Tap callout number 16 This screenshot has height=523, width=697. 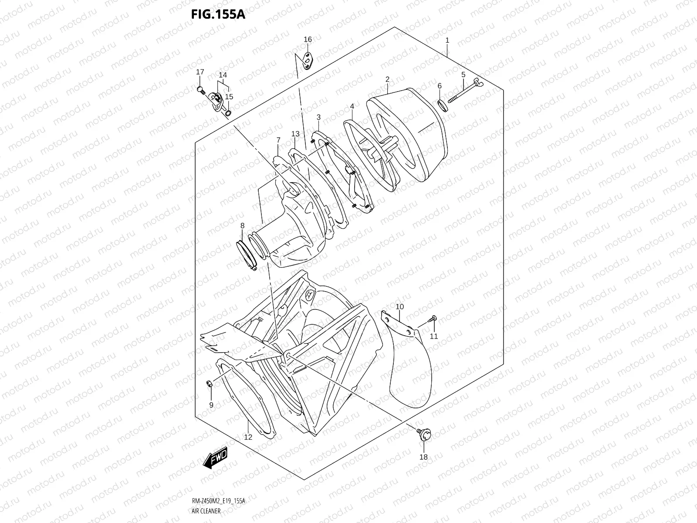(308, 39)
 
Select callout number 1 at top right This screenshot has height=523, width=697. (447, 40)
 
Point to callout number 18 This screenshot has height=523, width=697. (423, 457)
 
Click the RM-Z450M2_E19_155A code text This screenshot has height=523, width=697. (218, 501)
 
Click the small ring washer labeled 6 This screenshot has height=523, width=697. (442, 105)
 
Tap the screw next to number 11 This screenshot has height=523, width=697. (433, 319)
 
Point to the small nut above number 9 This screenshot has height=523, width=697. (209, 384)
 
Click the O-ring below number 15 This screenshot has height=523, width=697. (228, 113)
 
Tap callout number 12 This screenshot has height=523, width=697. (248, 437)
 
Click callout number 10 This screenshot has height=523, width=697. (399, 307)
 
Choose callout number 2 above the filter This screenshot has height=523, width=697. (387, 79)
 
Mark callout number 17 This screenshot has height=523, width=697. (200, 72)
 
